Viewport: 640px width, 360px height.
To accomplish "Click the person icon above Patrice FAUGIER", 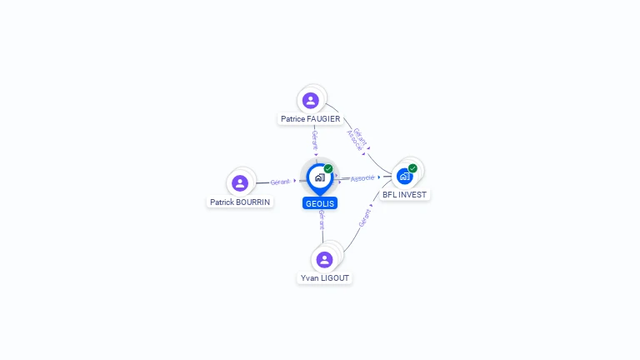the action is click(x=311, y=101).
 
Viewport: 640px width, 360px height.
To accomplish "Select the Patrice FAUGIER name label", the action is click(x=310, y=119).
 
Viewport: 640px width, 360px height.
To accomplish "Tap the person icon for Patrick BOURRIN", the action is click(x=240, y=183).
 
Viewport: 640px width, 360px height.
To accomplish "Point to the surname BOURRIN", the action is click(x=254, y=202).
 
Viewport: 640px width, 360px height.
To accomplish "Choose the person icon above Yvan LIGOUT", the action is click(x=325, y=259).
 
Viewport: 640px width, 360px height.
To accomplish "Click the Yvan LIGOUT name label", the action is click(x=325, y=277).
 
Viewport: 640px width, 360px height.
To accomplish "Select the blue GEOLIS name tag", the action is click(x=320, y=202).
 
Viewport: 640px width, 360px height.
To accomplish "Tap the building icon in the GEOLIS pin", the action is click(x=319, y=177).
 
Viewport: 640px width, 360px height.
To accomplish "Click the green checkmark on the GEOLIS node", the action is click(x=328, y=169).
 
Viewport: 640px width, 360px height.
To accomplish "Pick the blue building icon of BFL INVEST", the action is click(x=404, y=177).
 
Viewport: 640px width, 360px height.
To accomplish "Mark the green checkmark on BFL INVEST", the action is click(x=412, y=168).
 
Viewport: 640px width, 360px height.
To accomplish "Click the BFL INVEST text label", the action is click(x=404, y=195).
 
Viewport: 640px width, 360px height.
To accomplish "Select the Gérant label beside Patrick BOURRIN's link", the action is click(x=280, y=182).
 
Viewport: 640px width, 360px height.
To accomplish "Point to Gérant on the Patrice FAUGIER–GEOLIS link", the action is click(x=315, y=140).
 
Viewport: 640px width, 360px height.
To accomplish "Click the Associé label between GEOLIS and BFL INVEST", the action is click(x=362, y=178).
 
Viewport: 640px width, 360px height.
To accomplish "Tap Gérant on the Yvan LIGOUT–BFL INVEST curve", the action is click(x=365, y=218).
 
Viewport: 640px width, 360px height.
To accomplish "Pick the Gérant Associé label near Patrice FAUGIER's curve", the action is click(x=357, y=139).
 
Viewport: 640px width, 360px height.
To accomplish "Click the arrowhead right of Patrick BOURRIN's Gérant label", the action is click(x=295, y=180).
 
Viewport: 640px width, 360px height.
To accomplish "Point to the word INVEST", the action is click(x=412, y=195).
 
